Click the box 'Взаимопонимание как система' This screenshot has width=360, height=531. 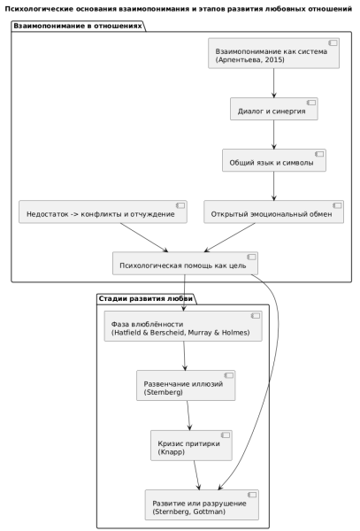click(273, 53)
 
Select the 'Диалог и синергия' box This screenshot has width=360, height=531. click(274, 109)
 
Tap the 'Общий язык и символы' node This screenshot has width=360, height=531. click(274, 160)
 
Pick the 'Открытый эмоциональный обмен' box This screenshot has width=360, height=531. click(273, 212)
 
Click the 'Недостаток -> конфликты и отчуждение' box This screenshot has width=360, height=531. click(103, 212)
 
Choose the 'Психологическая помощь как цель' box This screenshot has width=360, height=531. click(185, 263)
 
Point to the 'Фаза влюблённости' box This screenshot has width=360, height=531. click(183, 326)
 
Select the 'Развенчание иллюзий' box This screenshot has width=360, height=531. click(186, 385)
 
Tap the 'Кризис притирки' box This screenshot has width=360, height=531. click(192, 445)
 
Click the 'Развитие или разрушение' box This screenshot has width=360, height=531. click(202, 504)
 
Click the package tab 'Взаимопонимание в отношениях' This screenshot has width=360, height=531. click(78, 26)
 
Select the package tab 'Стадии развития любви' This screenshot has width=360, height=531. click(146, 299)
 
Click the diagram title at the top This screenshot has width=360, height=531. click(179, 9)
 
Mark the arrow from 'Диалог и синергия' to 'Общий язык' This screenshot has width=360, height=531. click(274, 135)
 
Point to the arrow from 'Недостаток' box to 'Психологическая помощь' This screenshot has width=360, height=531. click(144, 237)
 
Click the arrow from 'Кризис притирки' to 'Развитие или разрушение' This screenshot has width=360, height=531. click(196, 474)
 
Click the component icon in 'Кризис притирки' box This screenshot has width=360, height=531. click(226, 435)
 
